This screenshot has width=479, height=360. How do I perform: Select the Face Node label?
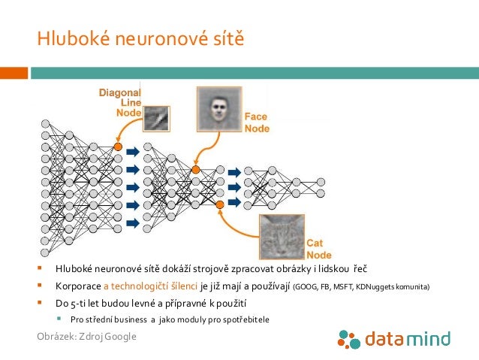pos(257,123)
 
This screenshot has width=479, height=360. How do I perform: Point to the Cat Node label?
pos(319,249)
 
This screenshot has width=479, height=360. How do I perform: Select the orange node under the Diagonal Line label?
pos(118,147)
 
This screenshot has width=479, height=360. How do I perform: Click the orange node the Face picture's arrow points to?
pos(196,170)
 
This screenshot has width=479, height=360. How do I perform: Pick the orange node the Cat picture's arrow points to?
pos(219,204)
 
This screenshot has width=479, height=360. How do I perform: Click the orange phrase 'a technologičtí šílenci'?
pos(150,286)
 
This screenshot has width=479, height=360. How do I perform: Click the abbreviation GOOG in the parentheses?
pos(307,287)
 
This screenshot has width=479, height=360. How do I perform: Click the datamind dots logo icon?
pos(349,340)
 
